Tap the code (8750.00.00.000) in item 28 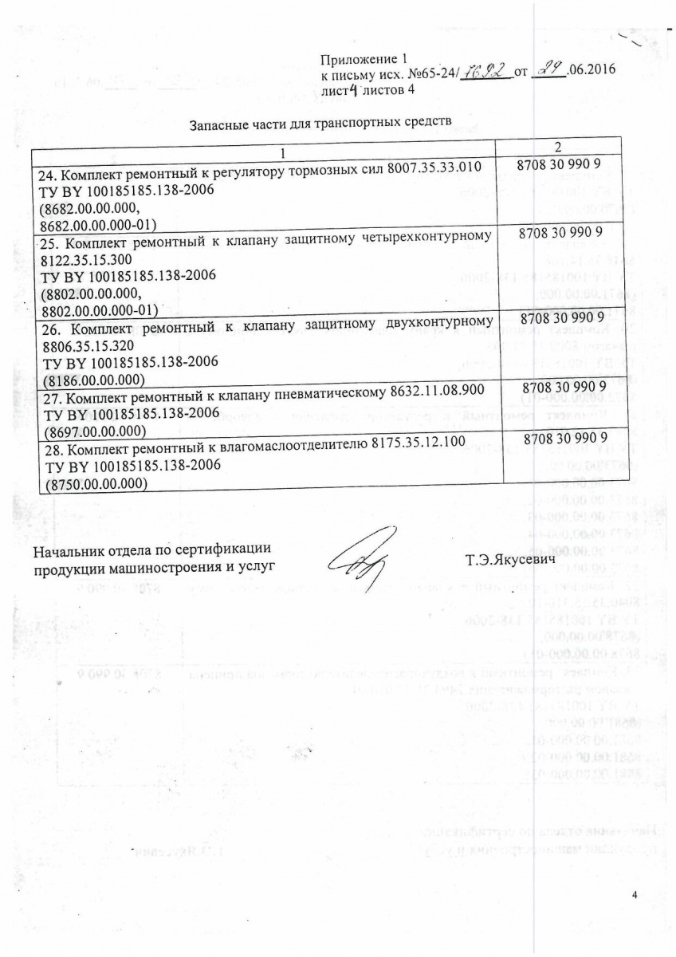(x=100, y=482)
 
